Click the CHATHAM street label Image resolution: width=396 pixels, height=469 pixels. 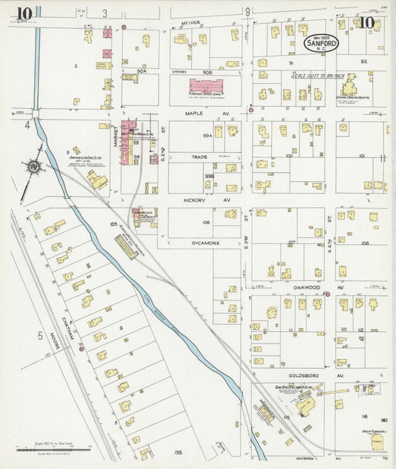(x=72, y=327)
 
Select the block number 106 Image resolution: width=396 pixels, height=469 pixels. (x=206, y=222)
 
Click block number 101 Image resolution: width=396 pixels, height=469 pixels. (x=360, y=157)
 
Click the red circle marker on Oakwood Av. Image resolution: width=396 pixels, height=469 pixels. (x=327, y=295)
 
